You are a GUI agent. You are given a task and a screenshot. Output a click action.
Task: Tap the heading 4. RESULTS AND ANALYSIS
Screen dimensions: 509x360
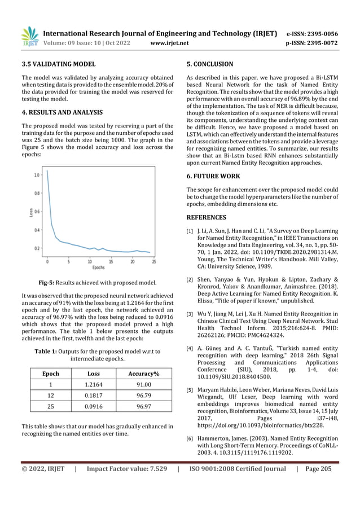point(62,112)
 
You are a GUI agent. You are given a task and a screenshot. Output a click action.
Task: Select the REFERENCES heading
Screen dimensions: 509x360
point(206,217)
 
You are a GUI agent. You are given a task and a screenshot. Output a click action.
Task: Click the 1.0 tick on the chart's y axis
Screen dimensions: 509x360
point(37,175)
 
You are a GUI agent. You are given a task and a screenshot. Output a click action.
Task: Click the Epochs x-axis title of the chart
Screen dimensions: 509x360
point(99,267)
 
